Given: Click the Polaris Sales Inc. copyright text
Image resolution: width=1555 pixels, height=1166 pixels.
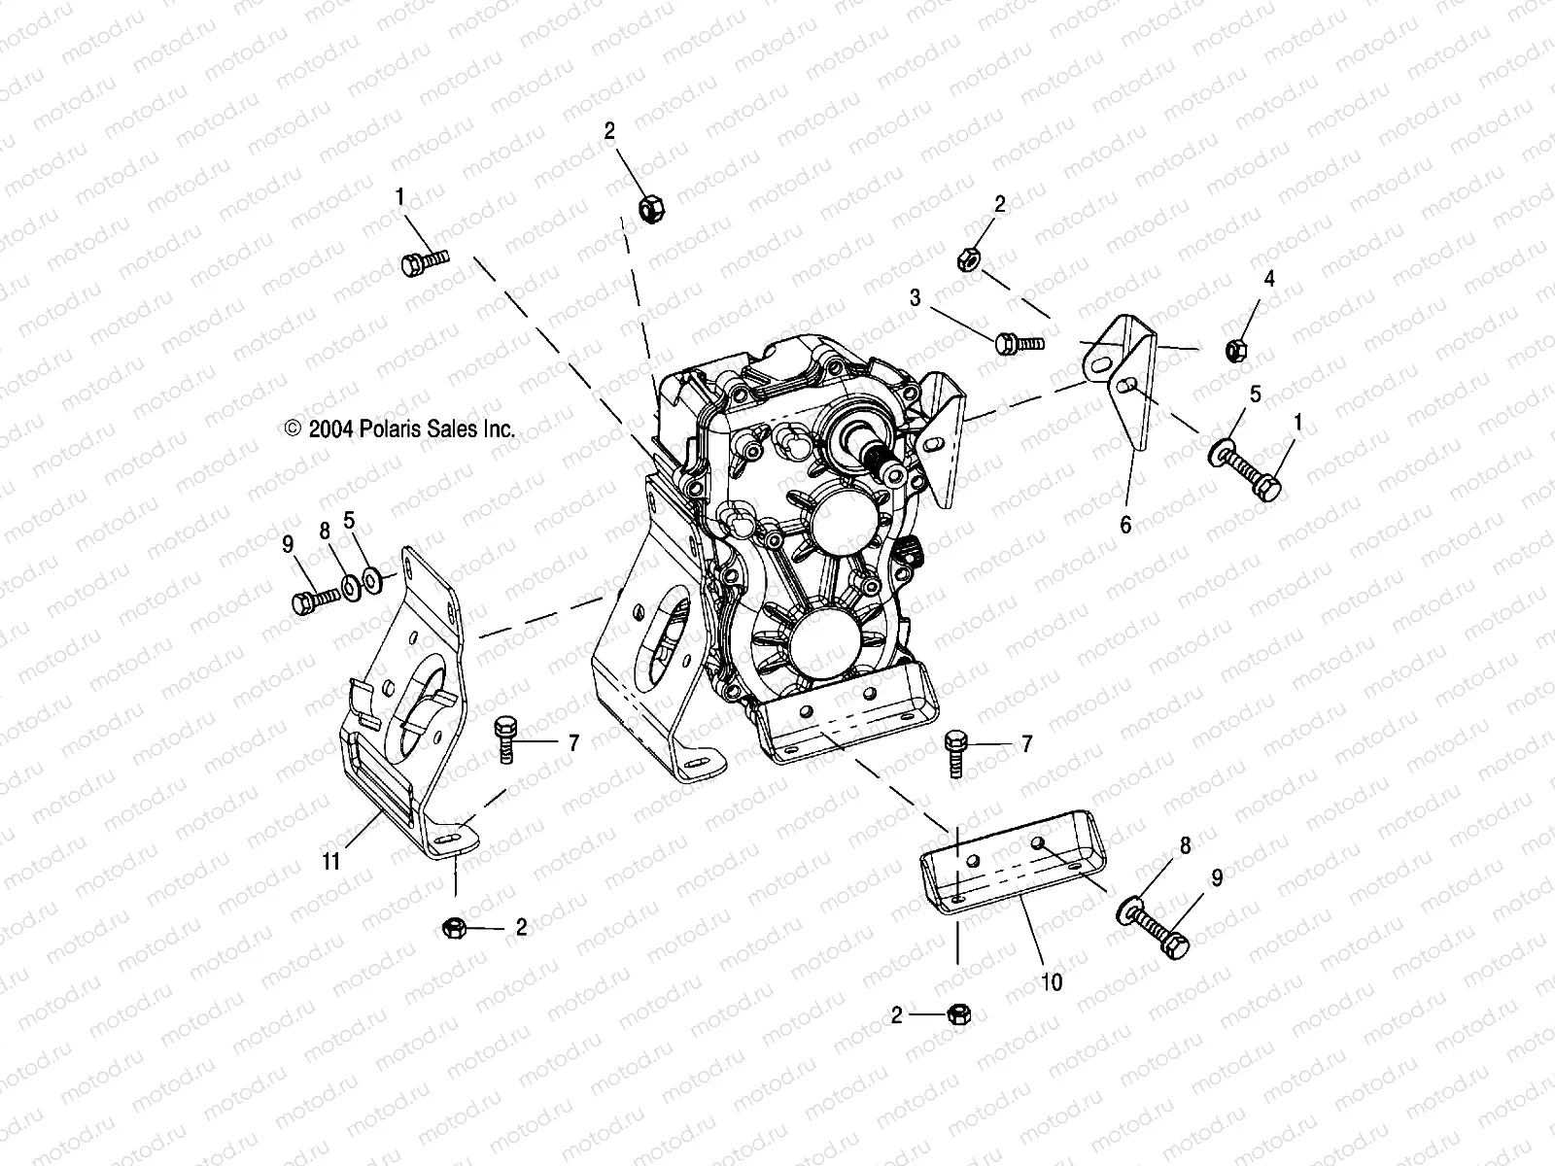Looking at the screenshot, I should pyautogui.click(x=398, y=429).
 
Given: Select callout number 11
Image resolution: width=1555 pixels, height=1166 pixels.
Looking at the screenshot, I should pyautogui.click(x=331, y=861).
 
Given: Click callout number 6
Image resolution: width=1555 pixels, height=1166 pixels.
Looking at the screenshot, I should pyautogui.click(x=1125, y=525).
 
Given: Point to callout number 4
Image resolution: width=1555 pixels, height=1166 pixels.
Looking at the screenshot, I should pyautogui.click(x=1268, y=278).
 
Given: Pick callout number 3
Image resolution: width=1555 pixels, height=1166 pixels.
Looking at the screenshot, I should pyautogui.click(x=915, y=297).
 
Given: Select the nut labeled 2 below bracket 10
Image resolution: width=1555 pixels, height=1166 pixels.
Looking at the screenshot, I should pyautogui.click(x=957, y=1013).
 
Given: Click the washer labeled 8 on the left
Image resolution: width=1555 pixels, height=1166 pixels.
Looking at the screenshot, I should pyautogui.click(x=348, y=588).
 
